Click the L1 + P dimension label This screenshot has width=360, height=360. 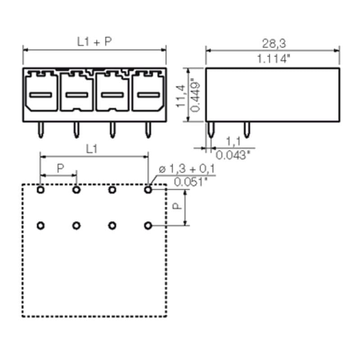click(x=94, y=42)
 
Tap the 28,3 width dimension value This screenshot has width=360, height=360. click(x=274, y=43)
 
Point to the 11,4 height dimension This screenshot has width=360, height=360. click(x=181, y=95)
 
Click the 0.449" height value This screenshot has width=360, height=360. click(x=195, y=95)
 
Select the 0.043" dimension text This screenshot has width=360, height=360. click(x=233, y=155)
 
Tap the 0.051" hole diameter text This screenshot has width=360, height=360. click(x=191, y=182)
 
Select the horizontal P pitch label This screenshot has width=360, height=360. click(x=60, y=168)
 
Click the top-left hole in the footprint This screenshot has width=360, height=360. click(x=41, y=190)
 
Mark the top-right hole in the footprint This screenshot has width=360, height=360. click(x=148, y=190)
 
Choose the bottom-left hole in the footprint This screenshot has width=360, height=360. click(x=41, y=225)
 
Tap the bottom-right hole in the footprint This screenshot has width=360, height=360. click(x=148, y=225)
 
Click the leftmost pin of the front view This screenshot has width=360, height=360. click(x=41, y=130)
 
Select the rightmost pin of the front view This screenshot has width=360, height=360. click(x=148, y=130)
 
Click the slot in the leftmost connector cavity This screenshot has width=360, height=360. click(x=41, y=95)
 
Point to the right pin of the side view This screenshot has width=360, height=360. click(x=246, y=130)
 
